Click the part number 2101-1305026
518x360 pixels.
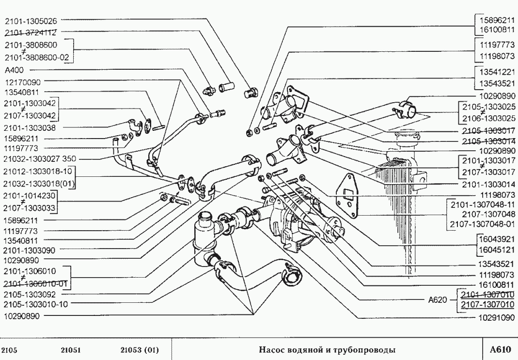(31, 21)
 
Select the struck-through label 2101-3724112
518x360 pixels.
(31, 33)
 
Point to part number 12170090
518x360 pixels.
(23, 82)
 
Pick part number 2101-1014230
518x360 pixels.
(29, 196)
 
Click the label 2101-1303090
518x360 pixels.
(29, 250)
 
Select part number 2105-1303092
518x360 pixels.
(29, 295)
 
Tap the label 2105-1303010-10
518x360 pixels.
(35, 304)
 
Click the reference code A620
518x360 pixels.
(438, 299)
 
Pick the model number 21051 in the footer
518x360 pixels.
(71, 349)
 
